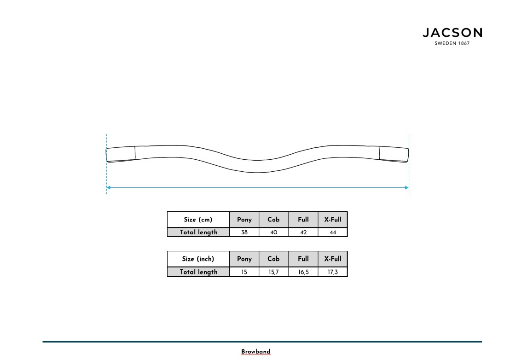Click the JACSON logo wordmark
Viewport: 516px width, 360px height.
pyautogui.click(x=452, y=33)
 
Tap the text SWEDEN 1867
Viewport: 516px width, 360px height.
pyautogui.click(x=452, y=44)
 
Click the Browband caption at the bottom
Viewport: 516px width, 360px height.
pyautogui.click(x=256, y=352)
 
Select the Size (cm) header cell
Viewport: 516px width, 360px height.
pyautogui.click(x=198, y=220)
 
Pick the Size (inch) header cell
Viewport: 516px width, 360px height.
pyautogui.click(x=198, y=259)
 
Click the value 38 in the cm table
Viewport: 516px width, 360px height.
pyautogui.click(x=244, y=232)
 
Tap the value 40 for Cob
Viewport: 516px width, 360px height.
pyautogui.click(x=273, y=232)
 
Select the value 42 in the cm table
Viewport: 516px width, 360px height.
pyautogui.click(x=303, y=232)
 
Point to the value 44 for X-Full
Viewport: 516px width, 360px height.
pyautogui.click(x=333, y=232)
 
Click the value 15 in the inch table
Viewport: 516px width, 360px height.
pyautogui.click(x=244, y=272)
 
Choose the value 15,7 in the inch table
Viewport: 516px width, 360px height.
pyautogui.click(x=273, y=272)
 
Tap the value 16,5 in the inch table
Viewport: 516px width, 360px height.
pyautogui.click(x=303, y=272)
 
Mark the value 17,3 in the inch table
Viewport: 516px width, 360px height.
pyautogui.click(x=333, y=272)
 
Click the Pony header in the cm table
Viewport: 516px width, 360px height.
pyautogui.click(x=244, y=220)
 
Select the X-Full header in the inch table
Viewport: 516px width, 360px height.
pyautogui.click(x=333, y=259)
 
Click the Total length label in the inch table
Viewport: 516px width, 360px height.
pyautogui.click(x=198, y=272)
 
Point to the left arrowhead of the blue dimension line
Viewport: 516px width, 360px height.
pyautogui.click(x=109, y=187)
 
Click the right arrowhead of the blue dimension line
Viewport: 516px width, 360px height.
pyautogui.click(x=406, y=187)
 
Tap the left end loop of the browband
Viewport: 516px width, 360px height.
pyautogui.click(x=121, y=154)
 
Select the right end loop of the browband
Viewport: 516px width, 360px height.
pyautogui.click(x=394, y=154)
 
